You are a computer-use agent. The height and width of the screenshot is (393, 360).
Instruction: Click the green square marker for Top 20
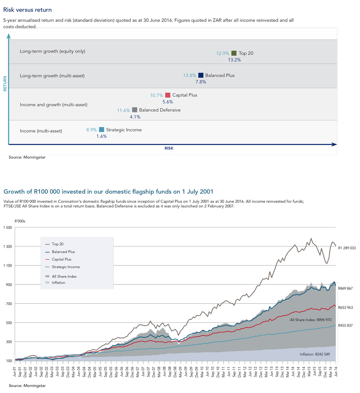(234, 53)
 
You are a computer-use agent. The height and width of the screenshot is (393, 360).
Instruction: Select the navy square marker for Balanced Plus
(201, 75)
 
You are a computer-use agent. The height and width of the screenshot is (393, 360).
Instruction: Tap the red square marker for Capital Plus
(168, 95)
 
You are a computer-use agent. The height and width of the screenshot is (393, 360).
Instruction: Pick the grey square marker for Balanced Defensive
(135, 110)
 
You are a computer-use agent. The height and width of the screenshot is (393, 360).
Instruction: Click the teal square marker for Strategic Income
(102, 129)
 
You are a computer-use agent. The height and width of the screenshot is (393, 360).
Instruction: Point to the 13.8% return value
(189, 76)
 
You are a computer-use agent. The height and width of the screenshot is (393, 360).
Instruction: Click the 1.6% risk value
(102, 136)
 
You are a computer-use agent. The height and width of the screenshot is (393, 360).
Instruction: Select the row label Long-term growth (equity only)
(53, 51)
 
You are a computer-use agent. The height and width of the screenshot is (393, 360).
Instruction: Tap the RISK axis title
(169, 148)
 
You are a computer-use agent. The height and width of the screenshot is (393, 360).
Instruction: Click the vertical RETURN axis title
(5, 83)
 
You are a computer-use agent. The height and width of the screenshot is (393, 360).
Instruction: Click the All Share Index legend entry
(61, 277)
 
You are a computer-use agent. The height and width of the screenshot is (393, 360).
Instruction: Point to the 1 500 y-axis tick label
(8, 228)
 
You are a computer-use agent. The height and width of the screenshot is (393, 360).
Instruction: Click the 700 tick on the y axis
(9, 304)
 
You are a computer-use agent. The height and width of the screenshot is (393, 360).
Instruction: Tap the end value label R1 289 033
(347, 248)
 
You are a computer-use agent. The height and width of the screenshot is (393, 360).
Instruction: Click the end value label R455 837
(346, 325)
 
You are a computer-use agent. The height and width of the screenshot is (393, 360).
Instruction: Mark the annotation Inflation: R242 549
(315, 355)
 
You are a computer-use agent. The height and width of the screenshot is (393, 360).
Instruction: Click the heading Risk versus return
(28, 10)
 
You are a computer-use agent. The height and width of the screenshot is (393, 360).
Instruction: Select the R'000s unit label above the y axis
(20, 221)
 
